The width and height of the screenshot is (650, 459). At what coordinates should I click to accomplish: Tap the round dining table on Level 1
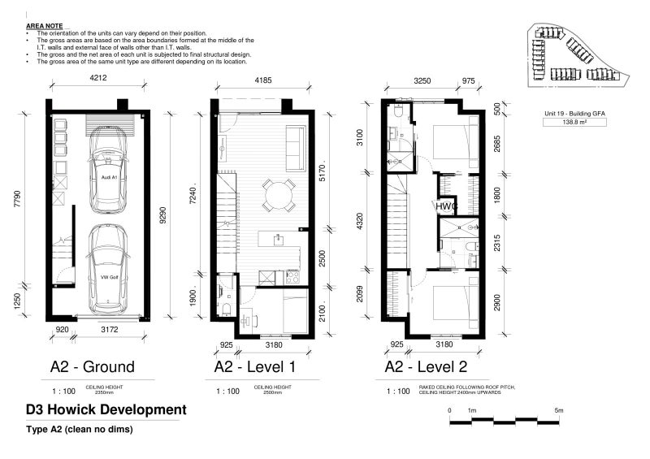pyautogui.click(x=278, y=195)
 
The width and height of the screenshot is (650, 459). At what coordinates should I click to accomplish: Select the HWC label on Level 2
pyautogui.click(x=446, y=207)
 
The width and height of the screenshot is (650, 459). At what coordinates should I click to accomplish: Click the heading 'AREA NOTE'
pyautogui.click(x=44, y=26)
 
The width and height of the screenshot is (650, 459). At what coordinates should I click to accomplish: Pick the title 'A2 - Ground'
pyautogui.click(x=92, y=366)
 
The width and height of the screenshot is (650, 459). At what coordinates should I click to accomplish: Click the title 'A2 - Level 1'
pyautogui.click(x=255, y=366)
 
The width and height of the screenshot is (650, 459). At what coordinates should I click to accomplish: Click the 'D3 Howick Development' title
pyautogui.click(x=106, y=409)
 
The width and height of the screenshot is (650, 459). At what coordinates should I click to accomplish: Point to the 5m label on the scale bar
pyautogui.click(x=558, y=410)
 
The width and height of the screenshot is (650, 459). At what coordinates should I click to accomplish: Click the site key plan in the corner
pyautogui.click(x=579, y=54)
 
